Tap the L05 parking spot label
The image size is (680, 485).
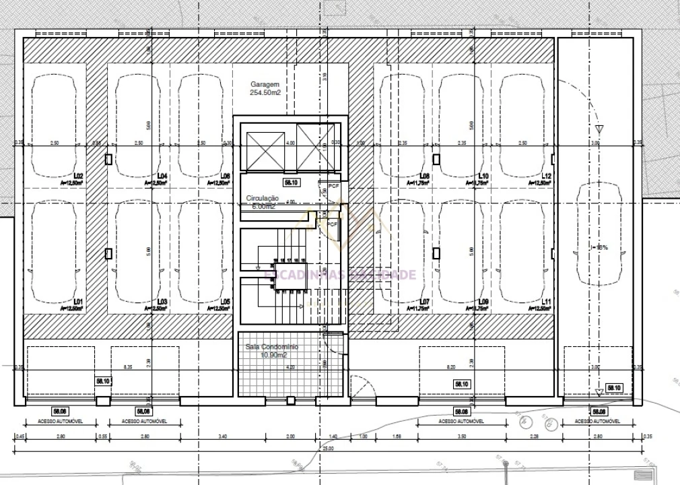pos(225,301)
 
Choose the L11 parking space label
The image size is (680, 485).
pos(546,301)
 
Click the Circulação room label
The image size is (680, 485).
pos(262,199)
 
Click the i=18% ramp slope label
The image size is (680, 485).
pos(599,247)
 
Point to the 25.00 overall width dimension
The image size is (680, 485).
pos(328,448)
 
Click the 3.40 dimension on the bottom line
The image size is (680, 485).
pos(223,437)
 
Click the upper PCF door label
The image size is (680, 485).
pos(333,185)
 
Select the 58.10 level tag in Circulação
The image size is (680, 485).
pos(292,182)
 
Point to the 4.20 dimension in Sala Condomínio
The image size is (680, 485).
pos(291,367)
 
